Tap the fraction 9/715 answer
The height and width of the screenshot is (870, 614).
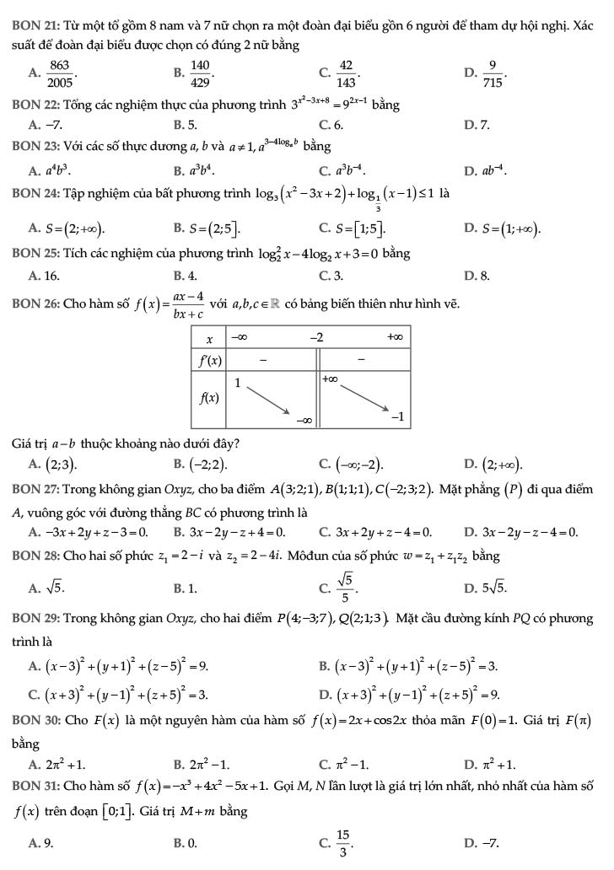pos(495,74)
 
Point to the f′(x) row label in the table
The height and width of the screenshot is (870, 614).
pos(209,360)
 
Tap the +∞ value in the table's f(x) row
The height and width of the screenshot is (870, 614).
pos(331,381)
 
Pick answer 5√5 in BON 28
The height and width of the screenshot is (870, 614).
pos(491,585)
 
